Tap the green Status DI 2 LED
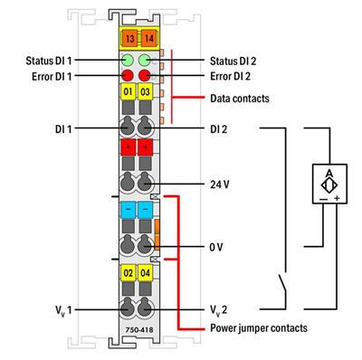point(145,61)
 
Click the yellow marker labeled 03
point(145,92)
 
